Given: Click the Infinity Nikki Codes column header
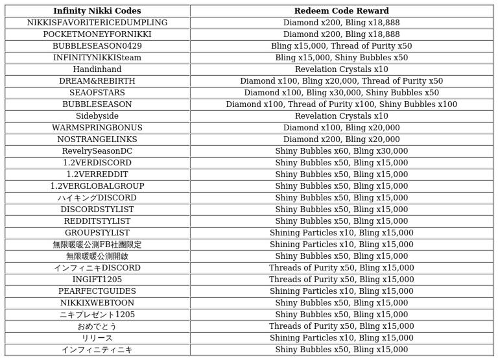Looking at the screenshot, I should [97, 11].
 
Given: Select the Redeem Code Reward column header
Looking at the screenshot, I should [341, 11].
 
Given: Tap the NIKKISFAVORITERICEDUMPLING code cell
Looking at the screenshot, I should [97, 23].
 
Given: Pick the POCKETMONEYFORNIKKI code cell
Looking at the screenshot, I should [97, 34].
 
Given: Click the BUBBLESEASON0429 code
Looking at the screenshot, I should [97, 46].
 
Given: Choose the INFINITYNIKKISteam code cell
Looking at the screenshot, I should [97, 58].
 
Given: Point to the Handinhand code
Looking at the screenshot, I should [97, 69].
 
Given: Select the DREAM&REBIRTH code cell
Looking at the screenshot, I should [97, 81].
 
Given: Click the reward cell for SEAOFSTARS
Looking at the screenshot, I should [341, 93].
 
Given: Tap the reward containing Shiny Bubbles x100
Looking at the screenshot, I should [341, 104].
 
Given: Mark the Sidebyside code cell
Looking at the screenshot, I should [97, 116].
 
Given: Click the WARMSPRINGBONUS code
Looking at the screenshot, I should [97, 128].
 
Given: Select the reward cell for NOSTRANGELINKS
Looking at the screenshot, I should [341, 139].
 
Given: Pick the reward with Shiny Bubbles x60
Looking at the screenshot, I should [341, 151].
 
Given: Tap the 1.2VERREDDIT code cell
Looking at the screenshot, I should [97, 174].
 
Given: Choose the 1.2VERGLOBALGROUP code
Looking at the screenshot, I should [97, 186].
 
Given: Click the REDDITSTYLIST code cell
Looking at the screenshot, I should [97, 221].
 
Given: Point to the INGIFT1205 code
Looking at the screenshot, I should [97, 280].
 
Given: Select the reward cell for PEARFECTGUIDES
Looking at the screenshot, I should [341, 291].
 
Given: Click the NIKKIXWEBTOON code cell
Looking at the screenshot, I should [97, 303].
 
